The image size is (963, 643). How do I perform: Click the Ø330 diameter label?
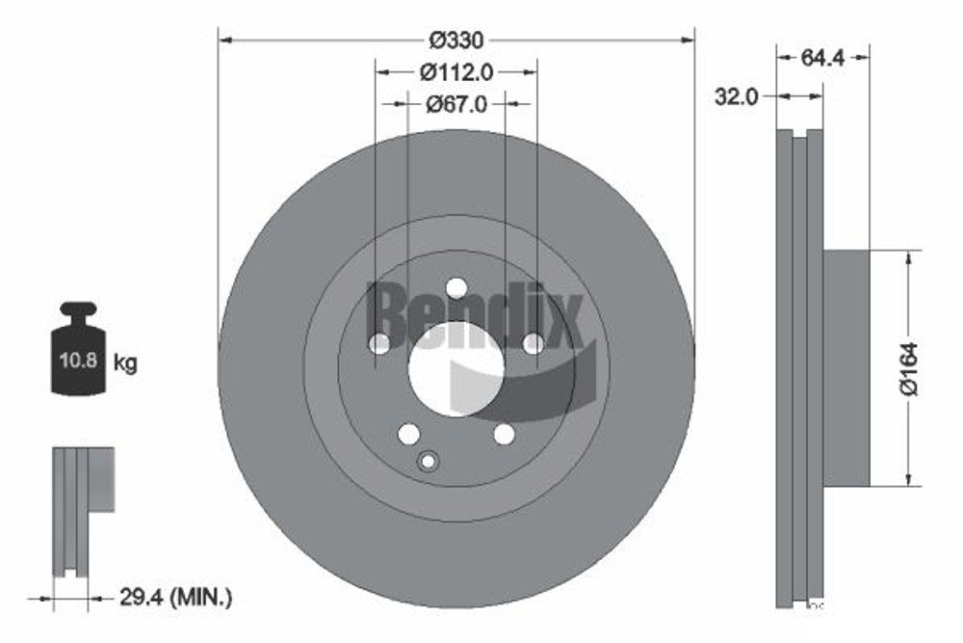tap(456, 40)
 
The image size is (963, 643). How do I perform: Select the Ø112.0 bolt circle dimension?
tap(456, 71)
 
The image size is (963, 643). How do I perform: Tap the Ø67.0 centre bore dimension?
tap(456, 102)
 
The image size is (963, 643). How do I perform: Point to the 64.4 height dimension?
tap(822, 57)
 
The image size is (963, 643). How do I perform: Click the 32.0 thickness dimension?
tap(738, 96)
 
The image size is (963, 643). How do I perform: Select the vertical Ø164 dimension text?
tap(909, 368)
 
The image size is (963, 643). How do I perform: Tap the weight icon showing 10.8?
tap(77, 361)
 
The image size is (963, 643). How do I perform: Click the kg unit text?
tap(125, 363)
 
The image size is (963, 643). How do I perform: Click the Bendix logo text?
tap(475, 313)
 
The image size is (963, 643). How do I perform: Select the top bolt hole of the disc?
tap(456, 288)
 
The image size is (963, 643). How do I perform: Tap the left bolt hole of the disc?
tap(380, 343)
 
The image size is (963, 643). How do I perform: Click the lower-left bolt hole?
tap(409, 434)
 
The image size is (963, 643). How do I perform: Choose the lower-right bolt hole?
tap(504, 434)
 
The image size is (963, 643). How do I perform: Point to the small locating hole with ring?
tap(428, 462)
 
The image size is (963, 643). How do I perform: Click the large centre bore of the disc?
tap(456, 369)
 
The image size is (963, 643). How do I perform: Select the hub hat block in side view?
tap(846, 368)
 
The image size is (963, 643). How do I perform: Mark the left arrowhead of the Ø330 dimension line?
tap(224, 40)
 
